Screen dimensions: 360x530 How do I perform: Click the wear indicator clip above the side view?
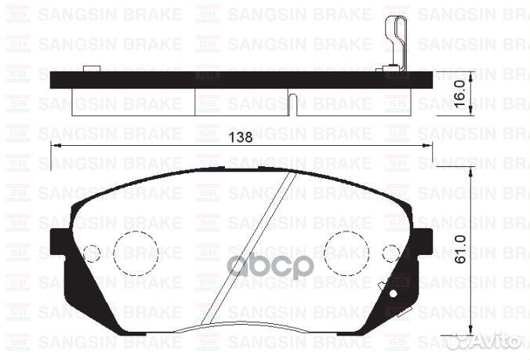[398, 39]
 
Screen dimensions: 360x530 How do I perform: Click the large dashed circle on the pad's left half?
[136, 253]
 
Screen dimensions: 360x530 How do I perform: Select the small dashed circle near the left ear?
[92, 253]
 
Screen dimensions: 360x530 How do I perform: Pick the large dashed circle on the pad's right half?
[348, 253]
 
